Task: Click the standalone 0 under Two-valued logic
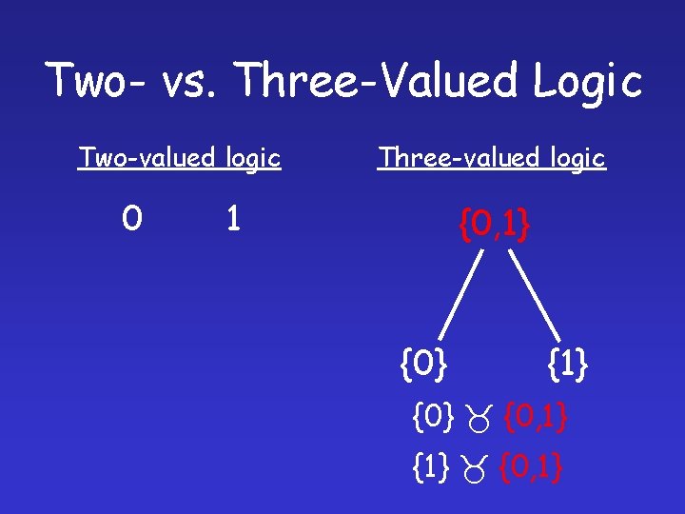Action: (132, 220)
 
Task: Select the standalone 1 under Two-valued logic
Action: (232, 220)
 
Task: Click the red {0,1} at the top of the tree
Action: (494, 227)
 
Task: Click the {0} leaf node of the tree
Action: (425, 363)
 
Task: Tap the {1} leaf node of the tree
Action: (568, 363)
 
